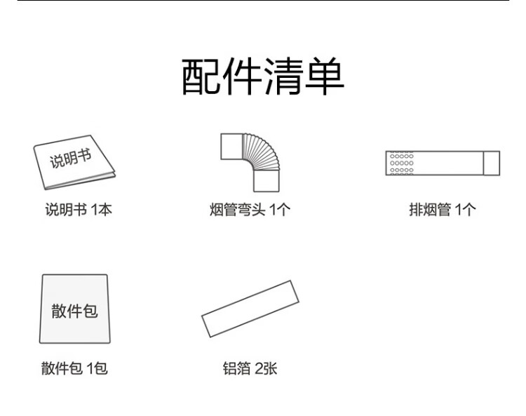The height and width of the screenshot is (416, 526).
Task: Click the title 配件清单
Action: point(263,76)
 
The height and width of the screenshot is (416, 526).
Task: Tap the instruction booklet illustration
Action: point(74,162)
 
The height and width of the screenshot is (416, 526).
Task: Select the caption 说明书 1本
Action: point(79,210)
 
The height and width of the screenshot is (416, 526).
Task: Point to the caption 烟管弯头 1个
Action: point(250,210)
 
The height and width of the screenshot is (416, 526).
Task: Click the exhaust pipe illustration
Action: point(443,163)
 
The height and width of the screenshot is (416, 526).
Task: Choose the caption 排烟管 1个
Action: point(443,210)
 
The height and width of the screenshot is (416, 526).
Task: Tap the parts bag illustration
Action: point(75,309)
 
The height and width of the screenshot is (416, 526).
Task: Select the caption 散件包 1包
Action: point(74,368)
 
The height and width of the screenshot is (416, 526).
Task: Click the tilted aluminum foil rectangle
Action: point(250,309)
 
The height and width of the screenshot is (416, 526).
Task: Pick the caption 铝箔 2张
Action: point(250,368)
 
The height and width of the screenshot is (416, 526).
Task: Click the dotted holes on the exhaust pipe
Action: point(402,163)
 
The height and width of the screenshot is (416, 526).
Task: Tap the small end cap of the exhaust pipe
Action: point(492,163)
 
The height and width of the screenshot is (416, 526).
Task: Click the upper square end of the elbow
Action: point(231,147)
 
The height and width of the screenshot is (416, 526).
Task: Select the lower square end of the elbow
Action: point(267,181)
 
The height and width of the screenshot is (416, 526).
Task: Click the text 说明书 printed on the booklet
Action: point(71,159)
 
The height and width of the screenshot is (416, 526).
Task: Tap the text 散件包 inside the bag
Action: point(74,311)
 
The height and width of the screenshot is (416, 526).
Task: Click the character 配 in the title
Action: point(201,76)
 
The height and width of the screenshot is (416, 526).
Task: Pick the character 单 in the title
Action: point(325,76)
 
